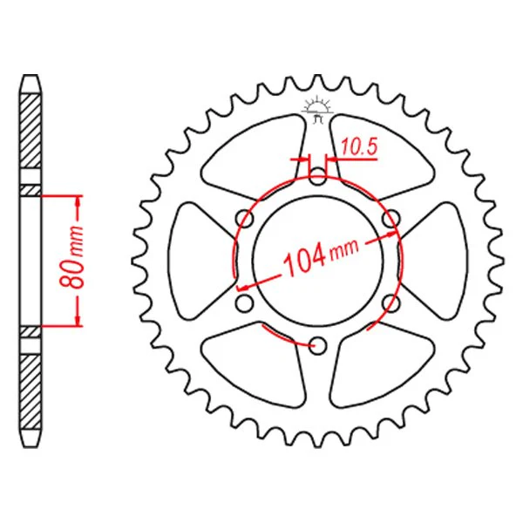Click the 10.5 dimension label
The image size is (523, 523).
pyautogui.click(x=359, y=147)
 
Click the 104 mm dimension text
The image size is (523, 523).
pyautogui.click(x=321, y=257)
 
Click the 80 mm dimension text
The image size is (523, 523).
pyautogui.click(x=73, y=257)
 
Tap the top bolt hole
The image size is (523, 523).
pyautogui.click(x=317, y=177)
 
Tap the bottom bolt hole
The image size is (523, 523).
pyautogui.click(x=317, y=345)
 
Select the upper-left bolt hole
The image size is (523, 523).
pyautogui.click(x=244, y=219)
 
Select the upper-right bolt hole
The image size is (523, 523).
pyautogui.click(x=391, y=219)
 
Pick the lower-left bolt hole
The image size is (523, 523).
pyautogui.click(x=244, y=303)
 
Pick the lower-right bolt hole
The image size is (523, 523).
pyautogui.click(x=391, y=303)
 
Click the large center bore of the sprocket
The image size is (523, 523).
pyautogui.click(x=317, y=261)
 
